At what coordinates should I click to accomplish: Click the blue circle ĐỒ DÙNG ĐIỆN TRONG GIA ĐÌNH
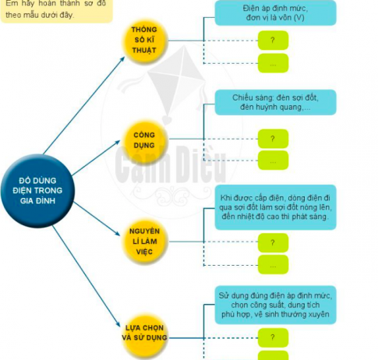[x=37, y=191]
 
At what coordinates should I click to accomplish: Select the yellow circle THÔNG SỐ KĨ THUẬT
[x=145, y=41]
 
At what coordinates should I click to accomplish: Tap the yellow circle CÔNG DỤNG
[x=145, y=140]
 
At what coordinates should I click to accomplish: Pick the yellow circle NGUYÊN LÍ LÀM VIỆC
[x=145, y=242]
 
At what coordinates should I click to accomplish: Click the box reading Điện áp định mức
[x=275, y=12]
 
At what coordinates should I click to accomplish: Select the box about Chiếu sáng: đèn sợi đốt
[x=275, y=102]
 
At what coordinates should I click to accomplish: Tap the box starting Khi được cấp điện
[x=275, y=207]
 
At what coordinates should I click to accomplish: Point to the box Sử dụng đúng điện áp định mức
[x=275, y=305]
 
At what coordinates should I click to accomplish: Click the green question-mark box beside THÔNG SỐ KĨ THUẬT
[x=273, y=41]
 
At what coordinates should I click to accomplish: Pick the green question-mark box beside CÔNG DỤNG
[x=273, y=139]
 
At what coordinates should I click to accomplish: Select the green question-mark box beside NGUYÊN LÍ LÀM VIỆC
[x=273, y=242]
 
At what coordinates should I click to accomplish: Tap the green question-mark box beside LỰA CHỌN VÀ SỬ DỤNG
[x=273, y=337]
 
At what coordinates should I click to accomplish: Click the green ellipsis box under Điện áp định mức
[x=273, y=63]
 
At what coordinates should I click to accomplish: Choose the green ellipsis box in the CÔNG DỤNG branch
[x=273, y=161]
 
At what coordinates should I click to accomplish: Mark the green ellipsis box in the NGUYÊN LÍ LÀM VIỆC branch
[x=273, y=264]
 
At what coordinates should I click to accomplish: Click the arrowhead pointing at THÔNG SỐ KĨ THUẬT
[x=122, y=59]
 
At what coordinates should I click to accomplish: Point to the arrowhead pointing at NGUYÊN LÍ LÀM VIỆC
[x=117, y=233]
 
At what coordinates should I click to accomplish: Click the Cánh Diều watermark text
[x=170, y=164]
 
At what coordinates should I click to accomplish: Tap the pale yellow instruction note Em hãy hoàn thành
[x=56, y=10]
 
